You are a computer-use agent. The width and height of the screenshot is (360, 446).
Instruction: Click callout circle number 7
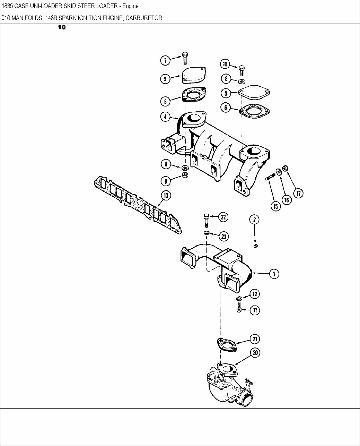click(165, 60)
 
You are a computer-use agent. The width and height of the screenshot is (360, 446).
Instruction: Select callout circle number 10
click(225, 64)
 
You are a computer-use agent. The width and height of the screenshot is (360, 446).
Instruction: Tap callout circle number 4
click(165, 117)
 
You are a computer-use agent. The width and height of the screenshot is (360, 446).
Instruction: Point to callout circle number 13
click(166, 196)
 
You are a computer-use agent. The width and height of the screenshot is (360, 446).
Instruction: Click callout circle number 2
click(254, 219)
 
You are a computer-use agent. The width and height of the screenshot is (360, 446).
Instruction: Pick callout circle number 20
click(255, 353)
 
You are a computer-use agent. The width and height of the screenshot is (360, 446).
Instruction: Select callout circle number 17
click(298, 193)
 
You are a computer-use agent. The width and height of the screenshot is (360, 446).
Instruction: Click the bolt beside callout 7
click(185, 58)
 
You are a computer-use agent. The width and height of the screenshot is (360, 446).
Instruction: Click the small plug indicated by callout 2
click(256, 246)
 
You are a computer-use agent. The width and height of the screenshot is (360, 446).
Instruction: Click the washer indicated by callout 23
click(206, 233)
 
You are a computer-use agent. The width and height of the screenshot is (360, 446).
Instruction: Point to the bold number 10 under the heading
click(61, 27)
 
